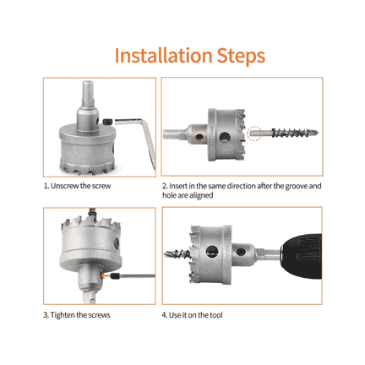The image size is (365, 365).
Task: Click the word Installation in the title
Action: pos(163,55)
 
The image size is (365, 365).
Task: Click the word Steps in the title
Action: pos(241,57)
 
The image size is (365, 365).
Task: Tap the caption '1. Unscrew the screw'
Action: pos(77,186)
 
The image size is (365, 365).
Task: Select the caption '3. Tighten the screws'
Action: pos(77,315)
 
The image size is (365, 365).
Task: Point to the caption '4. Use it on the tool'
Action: pos(193,315)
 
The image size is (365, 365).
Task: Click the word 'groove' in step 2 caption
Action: pos(296,186)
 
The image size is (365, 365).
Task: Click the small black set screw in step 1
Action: pos(107,122)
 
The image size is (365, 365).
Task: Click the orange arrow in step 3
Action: pos(106,275)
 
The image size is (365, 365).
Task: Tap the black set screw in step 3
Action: pos(115,276)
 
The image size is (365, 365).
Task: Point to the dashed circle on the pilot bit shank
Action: pos(254,133)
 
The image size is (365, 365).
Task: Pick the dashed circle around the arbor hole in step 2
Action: pos(199,136)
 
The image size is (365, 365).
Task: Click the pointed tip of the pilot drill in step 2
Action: pos(317,132)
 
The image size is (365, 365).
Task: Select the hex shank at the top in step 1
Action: pos(88,94)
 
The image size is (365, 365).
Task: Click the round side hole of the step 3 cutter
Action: pos(117,243)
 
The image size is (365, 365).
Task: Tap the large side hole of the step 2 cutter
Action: pos(225,137)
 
